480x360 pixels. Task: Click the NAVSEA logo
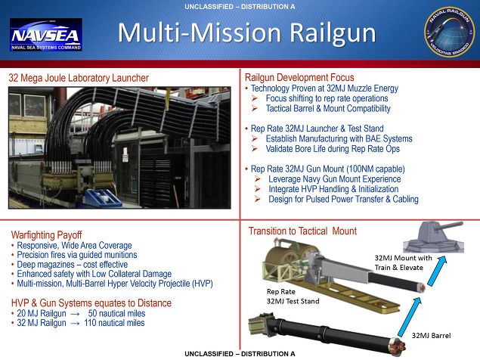(x=46, y=35)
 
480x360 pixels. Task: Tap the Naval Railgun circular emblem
(x=450, y=33)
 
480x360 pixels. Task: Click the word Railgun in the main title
(x=333, y=33)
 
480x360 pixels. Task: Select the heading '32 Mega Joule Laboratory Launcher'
(x=79, y=78)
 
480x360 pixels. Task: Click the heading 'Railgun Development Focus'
(x=299, y=77)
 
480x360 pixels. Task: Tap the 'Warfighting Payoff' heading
(x=47, y=235)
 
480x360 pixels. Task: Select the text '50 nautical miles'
(x=116, y=313)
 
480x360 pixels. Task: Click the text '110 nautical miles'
(x=114, y=323)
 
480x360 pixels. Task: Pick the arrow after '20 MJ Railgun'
(x=75, y=314)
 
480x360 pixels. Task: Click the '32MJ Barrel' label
(x=431, y=335)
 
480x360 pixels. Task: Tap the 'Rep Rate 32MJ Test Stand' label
(x=293, y=296)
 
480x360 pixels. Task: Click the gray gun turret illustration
(x=434, y=237)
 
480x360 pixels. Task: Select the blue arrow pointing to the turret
(x=437, y=271)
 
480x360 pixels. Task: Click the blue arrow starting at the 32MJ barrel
(x=410, y=316)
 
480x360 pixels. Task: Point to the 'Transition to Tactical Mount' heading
(x=302, y=231)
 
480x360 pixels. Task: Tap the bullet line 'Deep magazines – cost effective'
(x=73, y=264)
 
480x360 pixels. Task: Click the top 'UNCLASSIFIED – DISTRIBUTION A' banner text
(x=240, y=7)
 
